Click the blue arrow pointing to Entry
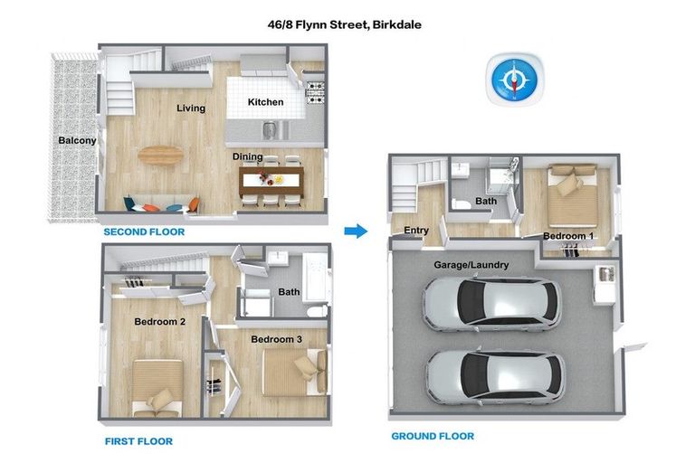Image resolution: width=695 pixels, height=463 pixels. point(357,231)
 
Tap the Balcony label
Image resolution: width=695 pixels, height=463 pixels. point(77,140)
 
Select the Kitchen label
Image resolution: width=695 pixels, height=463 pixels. point(266,102)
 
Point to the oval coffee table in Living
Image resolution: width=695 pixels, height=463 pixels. point(159,156)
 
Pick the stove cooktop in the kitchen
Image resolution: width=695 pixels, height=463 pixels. point(316,90)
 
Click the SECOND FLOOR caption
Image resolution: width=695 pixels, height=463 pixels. point(144,232)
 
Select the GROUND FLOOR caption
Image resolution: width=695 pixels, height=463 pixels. point(433,436)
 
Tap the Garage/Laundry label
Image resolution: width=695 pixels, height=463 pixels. point(471,265)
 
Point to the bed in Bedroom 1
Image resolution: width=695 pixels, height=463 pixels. point(568,192)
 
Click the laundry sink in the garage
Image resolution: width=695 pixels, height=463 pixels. point(605,274)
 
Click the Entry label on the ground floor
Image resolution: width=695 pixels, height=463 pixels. point(416,231)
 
